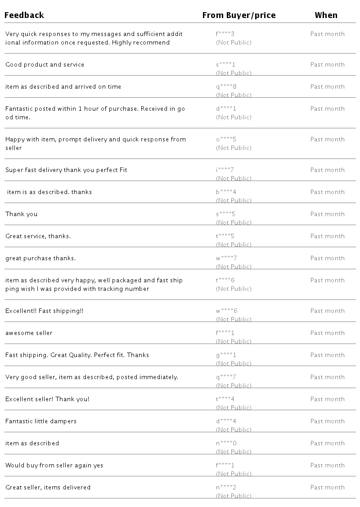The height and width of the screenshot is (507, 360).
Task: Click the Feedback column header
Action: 24,15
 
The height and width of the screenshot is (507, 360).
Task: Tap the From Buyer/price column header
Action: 238,15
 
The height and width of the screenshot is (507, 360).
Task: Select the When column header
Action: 326,15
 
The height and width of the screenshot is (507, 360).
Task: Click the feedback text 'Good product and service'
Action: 45,64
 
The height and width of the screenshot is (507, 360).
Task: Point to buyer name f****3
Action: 225,34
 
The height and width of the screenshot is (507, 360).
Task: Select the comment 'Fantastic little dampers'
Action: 41,421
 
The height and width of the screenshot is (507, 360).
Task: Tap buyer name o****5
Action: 226,139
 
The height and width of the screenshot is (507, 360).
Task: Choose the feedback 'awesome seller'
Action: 29,333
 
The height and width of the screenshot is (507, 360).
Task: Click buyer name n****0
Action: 226,443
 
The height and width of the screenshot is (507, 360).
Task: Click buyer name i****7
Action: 225,170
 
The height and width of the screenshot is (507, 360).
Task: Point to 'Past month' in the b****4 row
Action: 327,192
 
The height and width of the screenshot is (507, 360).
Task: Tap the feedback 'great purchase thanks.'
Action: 40,258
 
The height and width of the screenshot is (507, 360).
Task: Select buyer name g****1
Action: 226,355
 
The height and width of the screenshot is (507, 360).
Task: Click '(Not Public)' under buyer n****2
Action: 234,496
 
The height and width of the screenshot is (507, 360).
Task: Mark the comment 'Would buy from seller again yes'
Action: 54,465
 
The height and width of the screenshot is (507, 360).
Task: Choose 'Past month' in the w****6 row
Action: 327,311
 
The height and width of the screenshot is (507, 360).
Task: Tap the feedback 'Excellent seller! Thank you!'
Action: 47,399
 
